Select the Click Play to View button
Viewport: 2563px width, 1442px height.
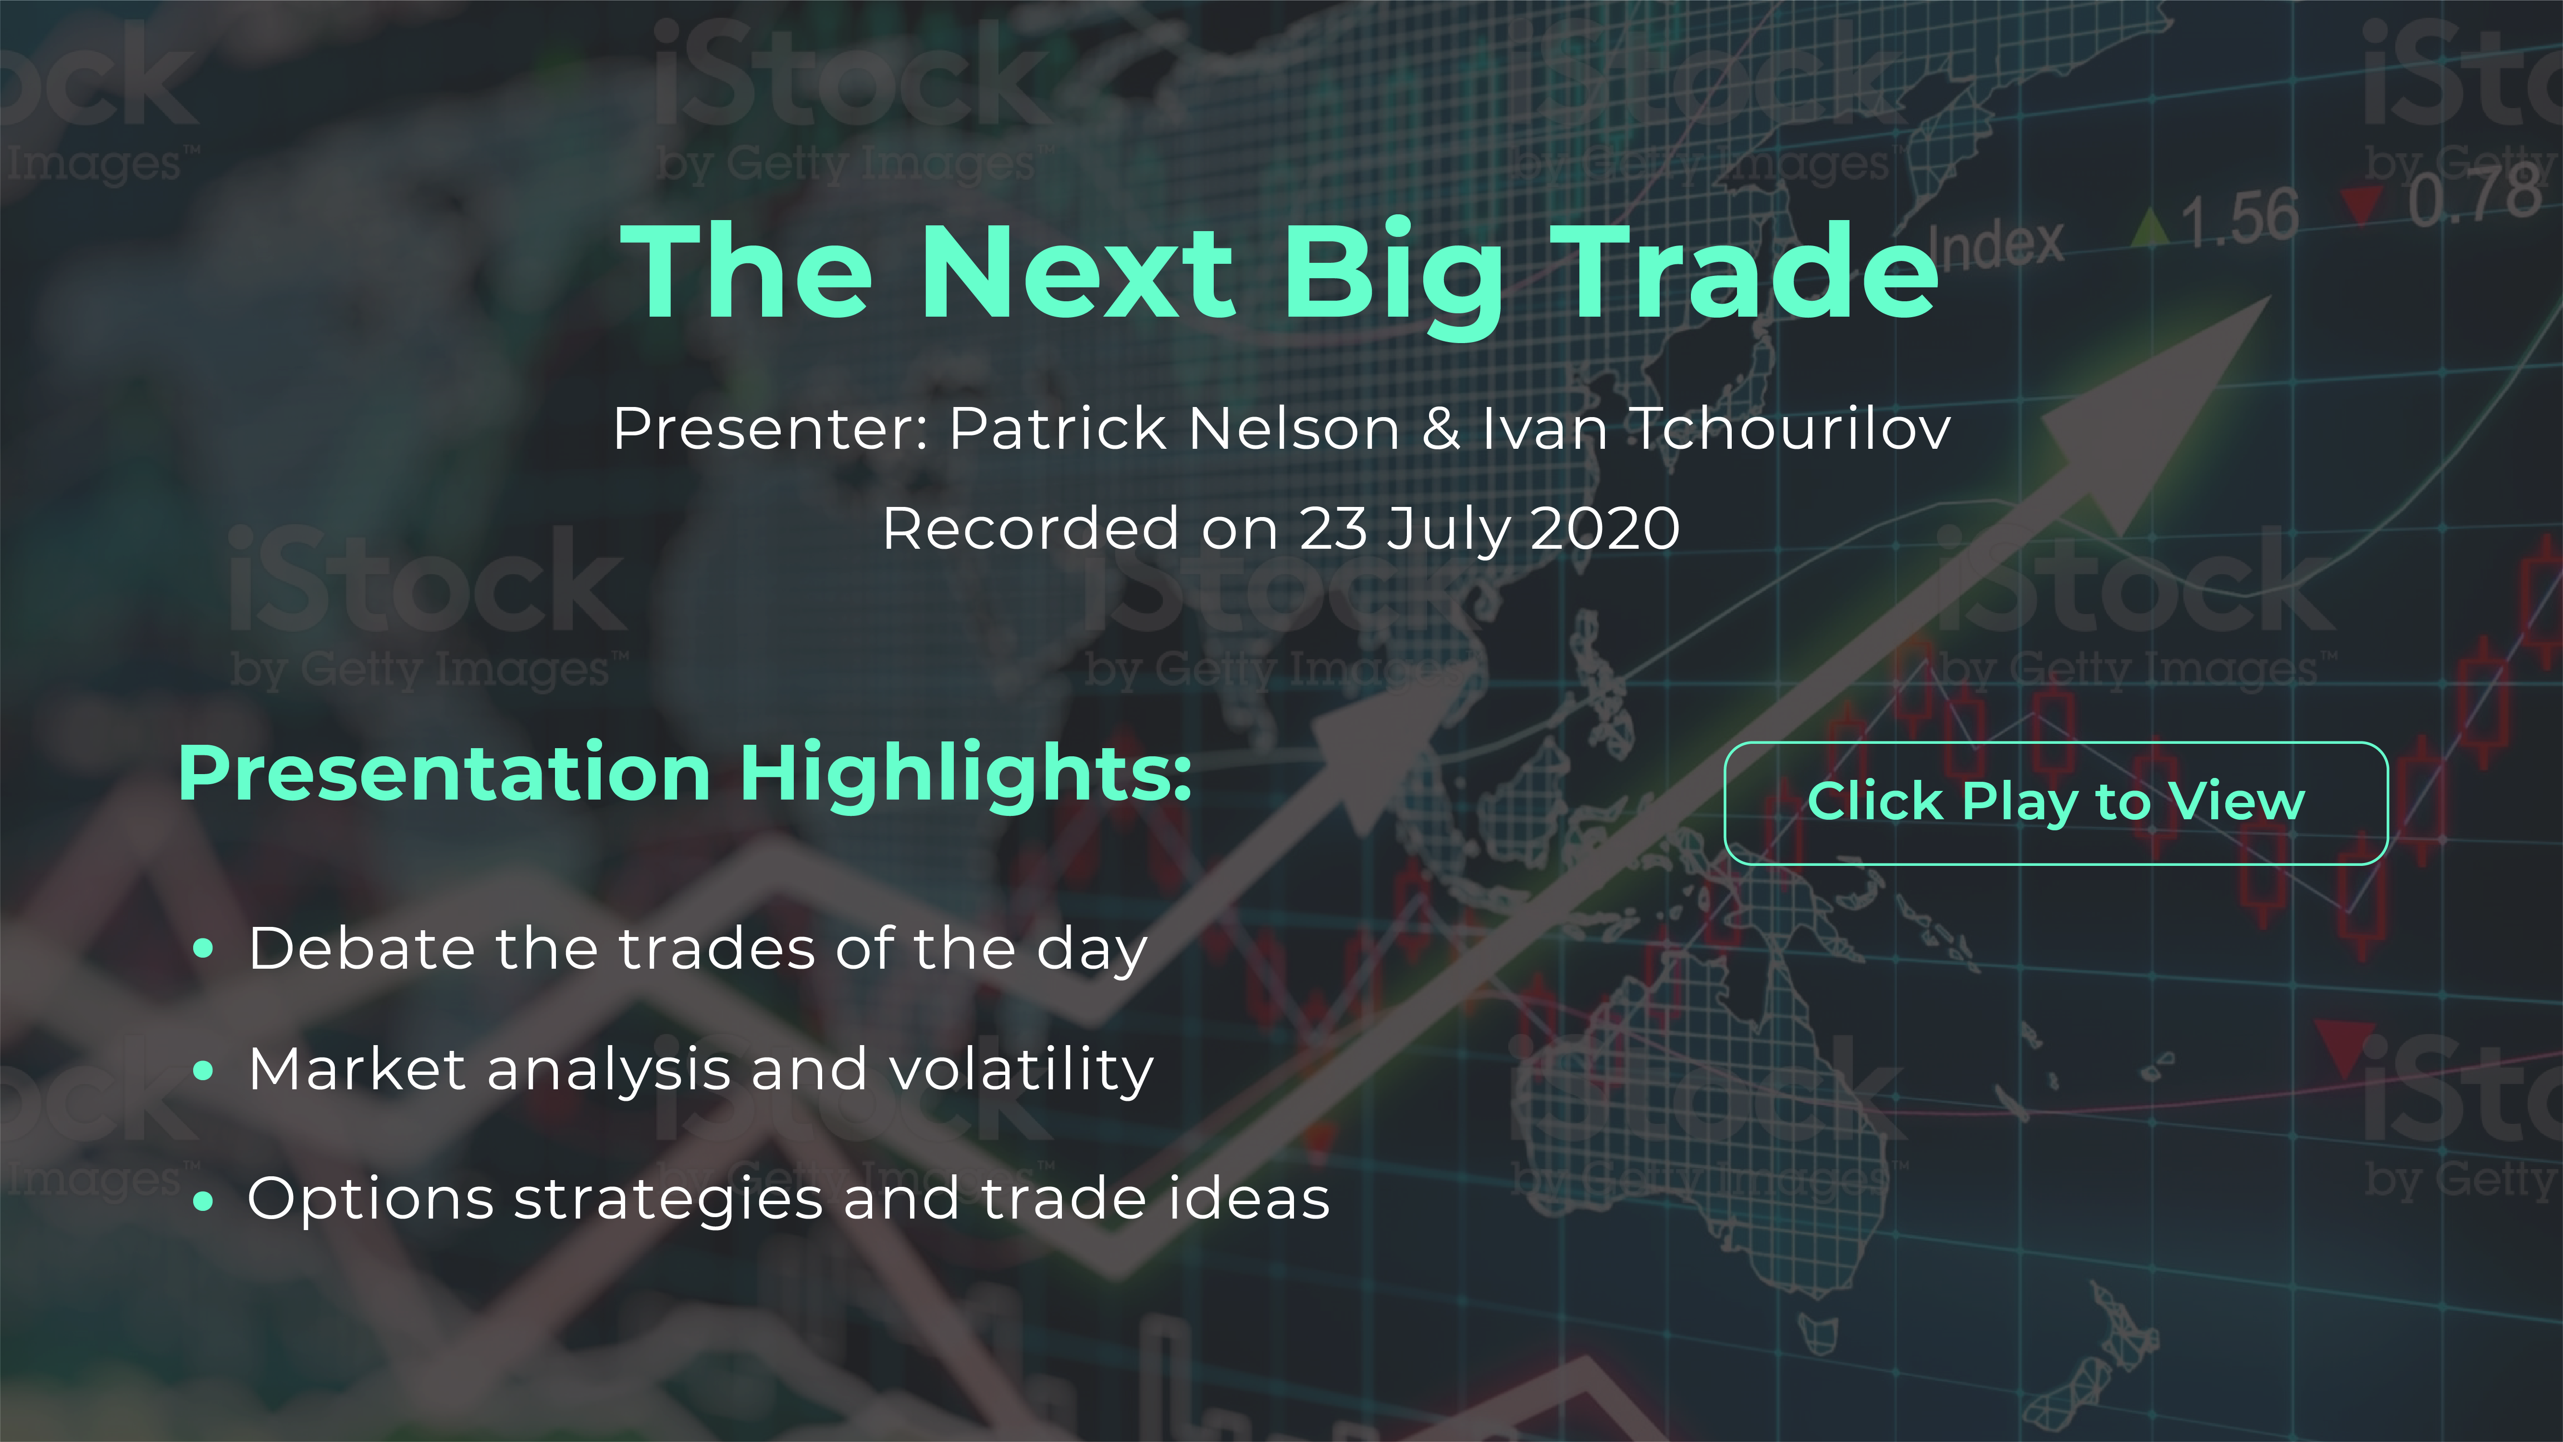tap(2056, 803)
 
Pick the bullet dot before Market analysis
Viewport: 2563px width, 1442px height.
tap(204, 1071)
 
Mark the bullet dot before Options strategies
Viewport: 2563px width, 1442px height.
tap(204, 1201)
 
